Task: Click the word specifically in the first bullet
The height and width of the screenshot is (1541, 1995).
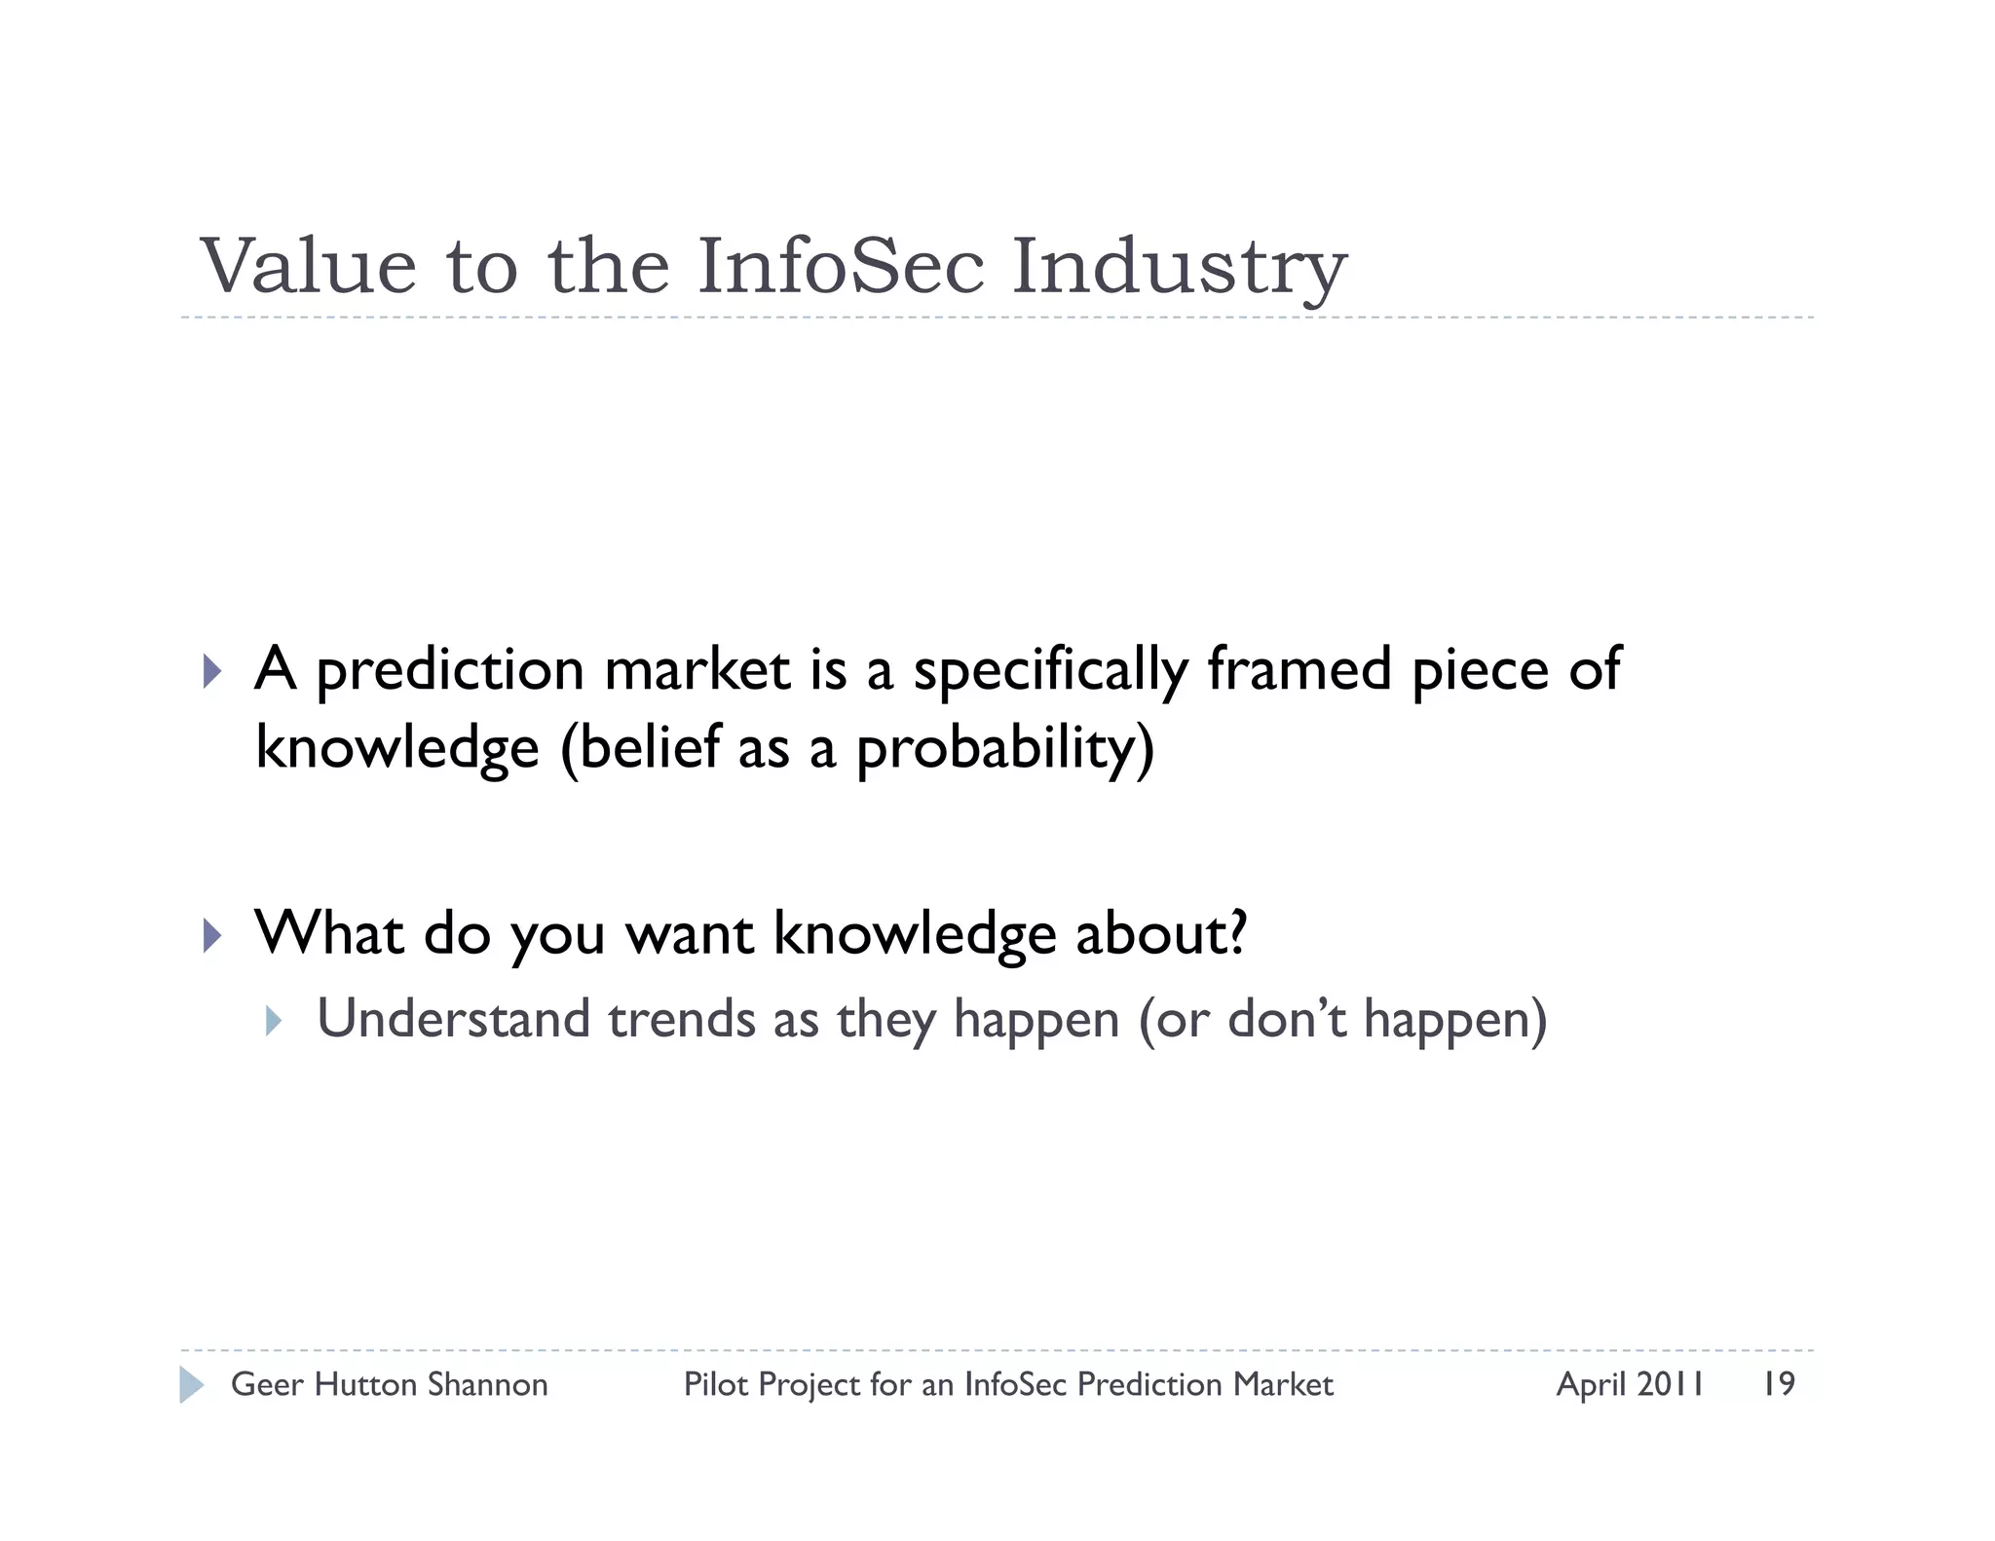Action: click(1050, 672)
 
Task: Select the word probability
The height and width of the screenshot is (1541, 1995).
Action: click(1004, 750)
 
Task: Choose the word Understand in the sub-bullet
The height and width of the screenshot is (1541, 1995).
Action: click(454, 1019)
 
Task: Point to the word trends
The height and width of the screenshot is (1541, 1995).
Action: click(682, 1019)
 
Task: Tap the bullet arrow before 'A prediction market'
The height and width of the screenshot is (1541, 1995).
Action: click(212, 671)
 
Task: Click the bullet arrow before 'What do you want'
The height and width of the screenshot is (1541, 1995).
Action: click(212, 935)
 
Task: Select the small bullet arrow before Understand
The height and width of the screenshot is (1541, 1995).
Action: click(274, 1021)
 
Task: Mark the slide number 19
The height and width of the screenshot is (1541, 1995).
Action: click(1778, 1384)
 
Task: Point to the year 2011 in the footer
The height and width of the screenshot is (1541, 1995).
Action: click(1670, 1384)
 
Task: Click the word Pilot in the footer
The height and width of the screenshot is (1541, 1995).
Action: click(716, 1384)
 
